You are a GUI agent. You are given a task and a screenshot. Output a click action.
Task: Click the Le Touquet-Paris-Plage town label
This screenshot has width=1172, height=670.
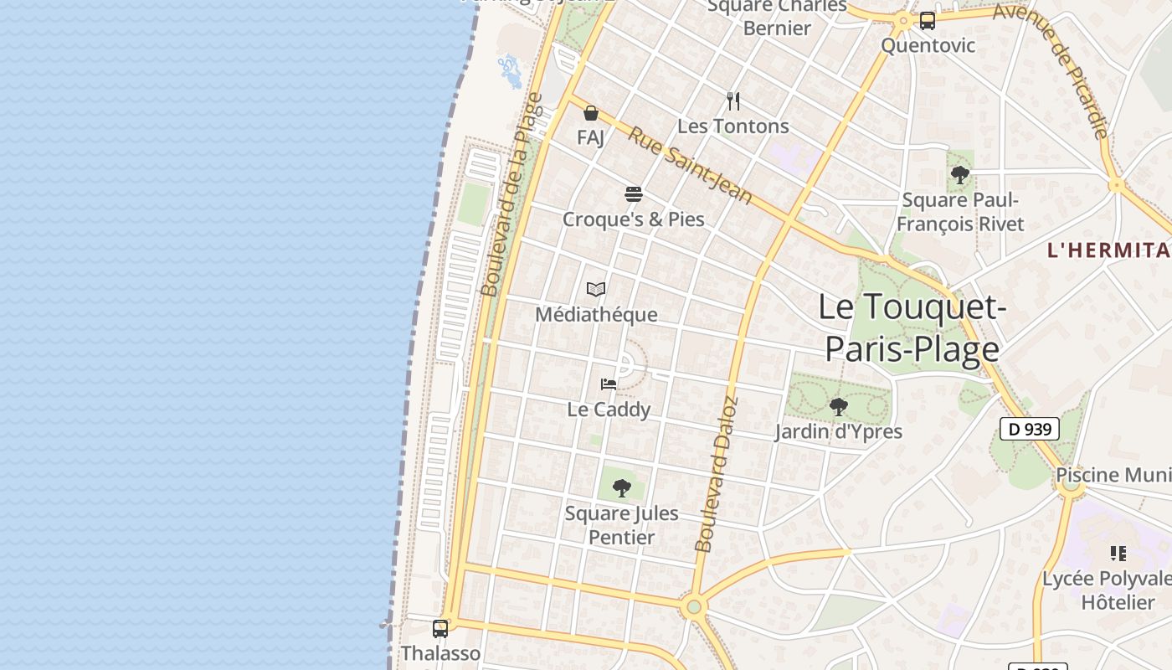pyautogui.click(x=912, y=327)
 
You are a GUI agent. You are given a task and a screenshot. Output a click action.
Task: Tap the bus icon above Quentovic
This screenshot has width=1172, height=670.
pyautogui.click(x=928, y=21)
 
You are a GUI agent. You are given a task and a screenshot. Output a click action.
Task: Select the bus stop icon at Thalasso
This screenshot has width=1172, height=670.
pyautogui.click(x=440, y=628)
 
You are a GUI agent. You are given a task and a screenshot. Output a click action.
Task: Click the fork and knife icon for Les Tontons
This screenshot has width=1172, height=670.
pyautogui.click(x=733, y=101)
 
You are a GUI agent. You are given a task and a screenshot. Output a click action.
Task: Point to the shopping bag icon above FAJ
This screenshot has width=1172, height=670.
pyautogui.click(x=591, y=113)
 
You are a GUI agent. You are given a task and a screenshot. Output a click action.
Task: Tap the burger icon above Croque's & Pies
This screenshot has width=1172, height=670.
pyautogui.click(x=634, y=195)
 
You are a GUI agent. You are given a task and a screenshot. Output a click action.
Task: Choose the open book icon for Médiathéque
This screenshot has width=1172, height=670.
pyautogui.click(x=596, y=290)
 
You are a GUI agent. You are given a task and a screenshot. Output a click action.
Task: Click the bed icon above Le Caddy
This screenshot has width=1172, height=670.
pyautogui.click(x=609, y=384)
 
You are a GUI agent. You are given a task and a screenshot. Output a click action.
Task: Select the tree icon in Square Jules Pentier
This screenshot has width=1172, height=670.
pyautogui.click(x=621, y=487)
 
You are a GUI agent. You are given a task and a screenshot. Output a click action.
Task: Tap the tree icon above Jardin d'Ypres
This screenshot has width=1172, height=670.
pyautogui.click(x=838, y=407)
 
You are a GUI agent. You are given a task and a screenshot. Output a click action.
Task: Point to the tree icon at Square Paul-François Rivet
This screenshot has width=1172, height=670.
pyautogui.click(x=960, y=175)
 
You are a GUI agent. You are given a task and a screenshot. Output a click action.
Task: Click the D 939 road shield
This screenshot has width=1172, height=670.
pyautogui.click(x=1030, y=430)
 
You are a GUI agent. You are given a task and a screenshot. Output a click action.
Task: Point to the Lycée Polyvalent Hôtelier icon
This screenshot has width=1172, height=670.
pyautogui.click(x=1118, y=553)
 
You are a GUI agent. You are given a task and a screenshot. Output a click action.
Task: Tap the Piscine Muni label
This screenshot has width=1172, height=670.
pyautogui.click(x=1113, y=476)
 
